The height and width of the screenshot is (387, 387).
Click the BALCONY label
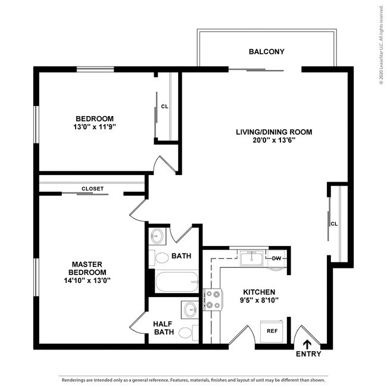click(x=266, y=52)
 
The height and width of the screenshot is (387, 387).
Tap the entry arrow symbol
click(x=308, y=344)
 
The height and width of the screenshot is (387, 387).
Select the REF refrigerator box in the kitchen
click(x=272, y=330)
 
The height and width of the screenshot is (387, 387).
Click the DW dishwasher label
click(x=276, y=258)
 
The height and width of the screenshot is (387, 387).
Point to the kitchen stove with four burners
click(x=212, y=299)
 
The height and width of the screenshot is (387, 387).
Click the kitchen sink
click(x=251, y=258)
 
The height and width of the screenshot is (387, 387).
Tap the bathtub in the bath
click(x=176, y=282)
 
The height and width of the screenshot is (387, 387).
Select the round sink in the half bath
click(x=190, y=310)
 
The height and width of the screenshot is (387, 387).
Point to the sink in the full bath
click(x=157, y=236)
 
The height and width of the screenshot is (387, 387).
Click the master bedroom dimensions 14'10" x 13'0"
click(x=88, y=280)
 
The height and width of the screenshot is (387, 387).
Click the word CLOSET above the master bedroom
click(x=92, y=189)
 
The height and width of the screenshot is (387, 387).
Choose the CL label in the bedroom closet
click(x=164, y=107)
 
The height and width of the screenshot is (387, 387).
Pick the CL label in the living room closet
click(x=334, y=224)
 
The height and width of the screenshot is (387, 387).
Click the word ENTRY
click(x=308, y=354)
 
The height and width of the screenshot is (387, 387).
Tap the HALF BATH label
click(x=163, y=328)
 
